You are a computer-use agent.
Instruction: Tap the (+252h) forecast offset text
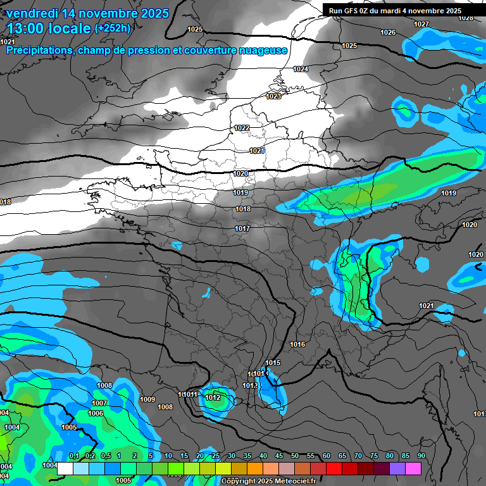[113, 28]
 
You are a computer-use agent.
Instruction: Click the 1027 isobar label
[421, 24]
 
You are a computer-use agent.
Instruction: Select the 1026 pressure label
[388, 32]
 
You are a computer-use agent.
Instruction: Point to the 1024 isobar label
[301, 69]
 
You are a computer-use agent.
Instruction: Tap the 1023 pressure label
[273, 96]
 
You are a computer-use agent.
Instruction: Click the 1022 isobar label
[242, 128]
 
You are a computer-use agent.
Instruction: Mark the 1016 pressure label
[297, 344]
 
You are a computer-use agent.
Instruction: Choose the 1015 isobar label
[273, 363]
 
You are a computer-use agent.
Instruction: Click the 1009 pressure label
[147, 399]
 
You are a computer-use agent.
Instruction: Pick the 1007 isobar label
[99, 403]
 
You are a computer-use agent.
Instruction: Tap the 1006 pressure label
[96, 413]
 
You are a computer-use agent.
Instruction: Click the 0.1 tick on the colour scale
[74, 456]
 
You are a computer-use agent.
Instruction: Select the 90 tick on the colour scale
[421, 456]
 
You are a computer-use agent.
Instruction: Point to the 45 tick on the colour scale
[279, 456]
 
